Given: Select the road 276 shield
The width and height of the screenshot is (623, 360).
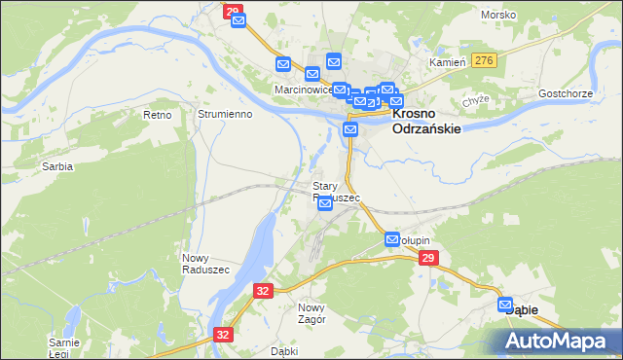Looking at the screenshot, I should pyautogui.click(x=484, y=60).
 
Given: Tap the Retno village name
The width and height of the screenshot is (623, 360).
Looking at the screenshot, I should pyautogui.click(x=157, y=115).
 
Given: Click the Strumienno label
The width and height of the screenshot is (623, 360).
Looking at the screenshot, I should pyautogui.click(x=225, y=114).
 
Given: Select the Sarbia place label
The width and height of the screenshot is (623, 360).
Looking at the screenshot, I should pyautogui.click(x=57, y=166).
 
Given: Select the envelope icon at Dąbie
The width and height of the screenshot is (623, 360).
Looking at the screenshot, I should pyautogui.click(x=506, y=306).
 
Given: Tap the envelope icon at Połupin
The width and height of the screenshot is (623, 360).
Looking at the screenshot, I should pyautogui.click(x=392, y=239).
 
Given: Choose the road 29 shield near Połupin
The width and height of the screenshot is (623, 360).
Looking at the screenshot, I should pyautogui.click(x=427, y=258).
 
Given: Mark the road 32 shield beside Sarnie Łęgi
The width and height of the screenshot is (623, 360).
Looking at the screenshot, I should pyautogui.click(x=224, y=334).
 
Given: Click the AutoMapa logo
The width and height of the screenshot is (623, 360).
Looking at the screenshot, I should pyautogui.click(x=556, y=341).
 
